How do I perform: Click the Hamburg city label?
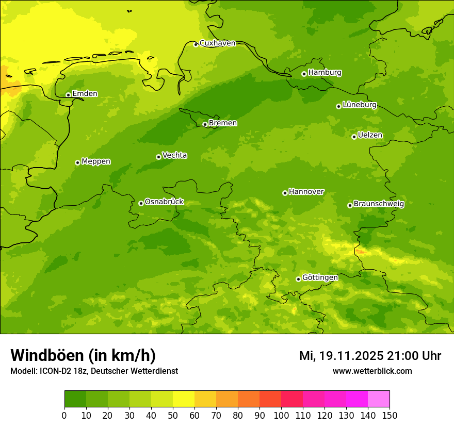(325, 73)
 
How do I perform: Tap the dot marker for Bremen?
(205, 124)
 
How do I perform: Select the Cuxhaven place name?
(217, 43)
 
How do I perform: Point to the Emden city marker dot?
(68, 95)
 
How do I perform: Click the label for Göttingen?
(320, 278)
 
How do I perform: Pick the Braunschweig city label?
(379, 204)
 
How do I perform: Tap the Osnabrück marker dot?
(141, 203)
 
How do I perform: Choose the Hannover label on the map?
(306, 192)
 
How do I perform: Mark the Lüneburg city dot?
(338, 106)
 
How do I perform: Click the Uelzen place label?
(370, 136)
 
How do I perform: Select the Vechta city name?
(174, 155)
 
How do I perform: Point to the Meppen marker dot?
(77, 162)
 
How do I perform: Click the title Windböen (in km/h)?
(83, 355)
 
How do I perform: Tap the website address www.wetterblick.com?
(372, 371)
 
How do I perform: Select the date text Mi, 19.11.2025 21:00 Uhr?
(370, 356)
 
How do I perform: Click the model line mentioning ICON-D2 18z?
(94, 371)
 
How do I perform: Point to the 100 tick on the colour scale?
(281, 415)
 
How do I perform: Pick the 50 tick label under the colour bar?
(173, 415)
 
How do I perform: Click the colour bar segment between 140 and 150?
(379, 399)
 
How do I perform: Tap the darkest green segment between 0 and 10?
(75, 399)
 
